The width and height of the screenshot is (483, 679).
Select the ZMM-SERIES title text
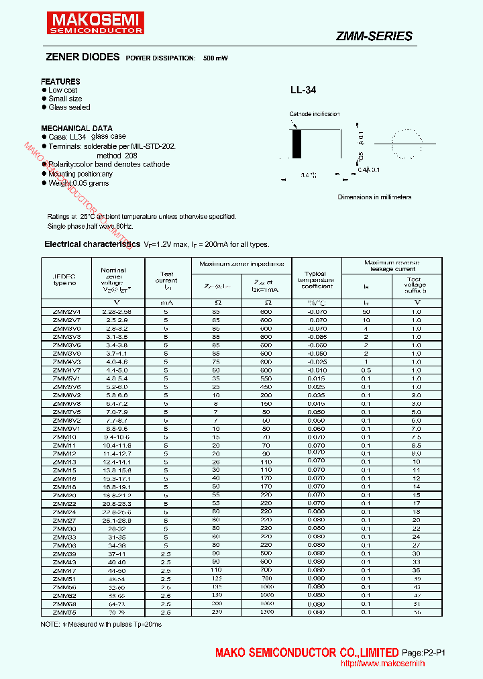click(x=374, y=36)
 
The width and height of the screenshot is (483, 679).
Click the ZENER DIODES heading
click(x=82, y=58)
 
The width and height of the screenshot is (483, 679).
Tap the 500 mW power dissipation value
click(x=215, y=59)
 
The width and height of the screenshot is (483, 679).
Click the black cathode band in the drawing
click(x=297, y=142)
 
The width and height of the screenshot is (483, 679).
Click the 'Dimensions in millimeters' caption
click(x=374, y=197)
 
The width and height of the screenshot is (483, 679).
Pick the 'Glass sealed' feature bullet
click(x=69, y=107)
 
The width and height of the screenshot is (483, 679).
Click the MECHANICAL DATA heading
click(x=76, y=128)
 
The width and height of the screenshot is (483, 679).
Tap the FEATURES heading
click(x=60, y=81)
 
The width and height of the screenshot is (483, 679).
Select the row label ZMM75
click(x=64, y=612)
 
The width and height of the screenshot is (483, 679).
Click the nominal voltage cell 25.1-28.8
click(x=117, y=520)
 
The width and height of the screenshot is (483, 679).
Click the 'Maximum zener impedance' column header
click(x=241, y=264)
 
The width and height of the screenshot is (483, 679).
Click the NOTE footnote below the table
click(x=101, y=625)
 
